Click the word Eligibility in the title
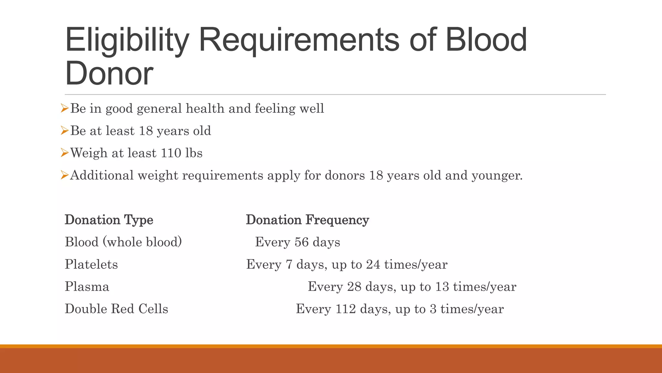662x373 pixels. tap(127, 40)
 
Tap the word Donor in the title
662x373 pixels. tap(109, 73)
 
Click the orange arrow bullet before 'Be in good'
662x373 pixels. tap(65, 108)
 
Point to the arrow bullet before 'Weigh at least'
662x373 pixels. tap(65, 153)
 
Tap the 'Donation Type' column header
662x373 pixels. tap(109, 220)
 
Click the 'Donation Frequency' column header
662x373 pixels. tap(307, 220)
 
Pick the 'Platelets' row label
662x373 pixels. tap(91, 265)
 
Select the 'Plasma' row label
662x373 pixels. tap(87, 287)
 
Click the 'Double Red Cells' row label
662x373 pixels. tap(116, 309)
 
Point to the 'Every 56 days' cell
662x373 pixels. tap(297, 242)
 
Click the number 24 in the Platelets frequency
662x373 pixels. tap(373, 265)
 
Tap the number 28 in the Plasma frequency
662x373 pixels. tap(354, 287)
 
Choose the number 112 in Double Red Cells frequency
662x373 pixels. tap(346, 309)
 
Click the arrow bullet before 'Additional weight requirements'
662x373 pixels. tap(65, 175)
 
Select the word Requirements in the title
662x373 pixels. tap(299, 40)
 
